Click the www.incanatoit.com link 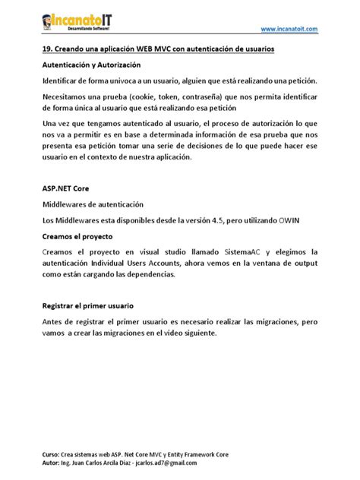coord(289,28)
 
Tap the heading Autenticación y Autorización coord(92,65)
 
